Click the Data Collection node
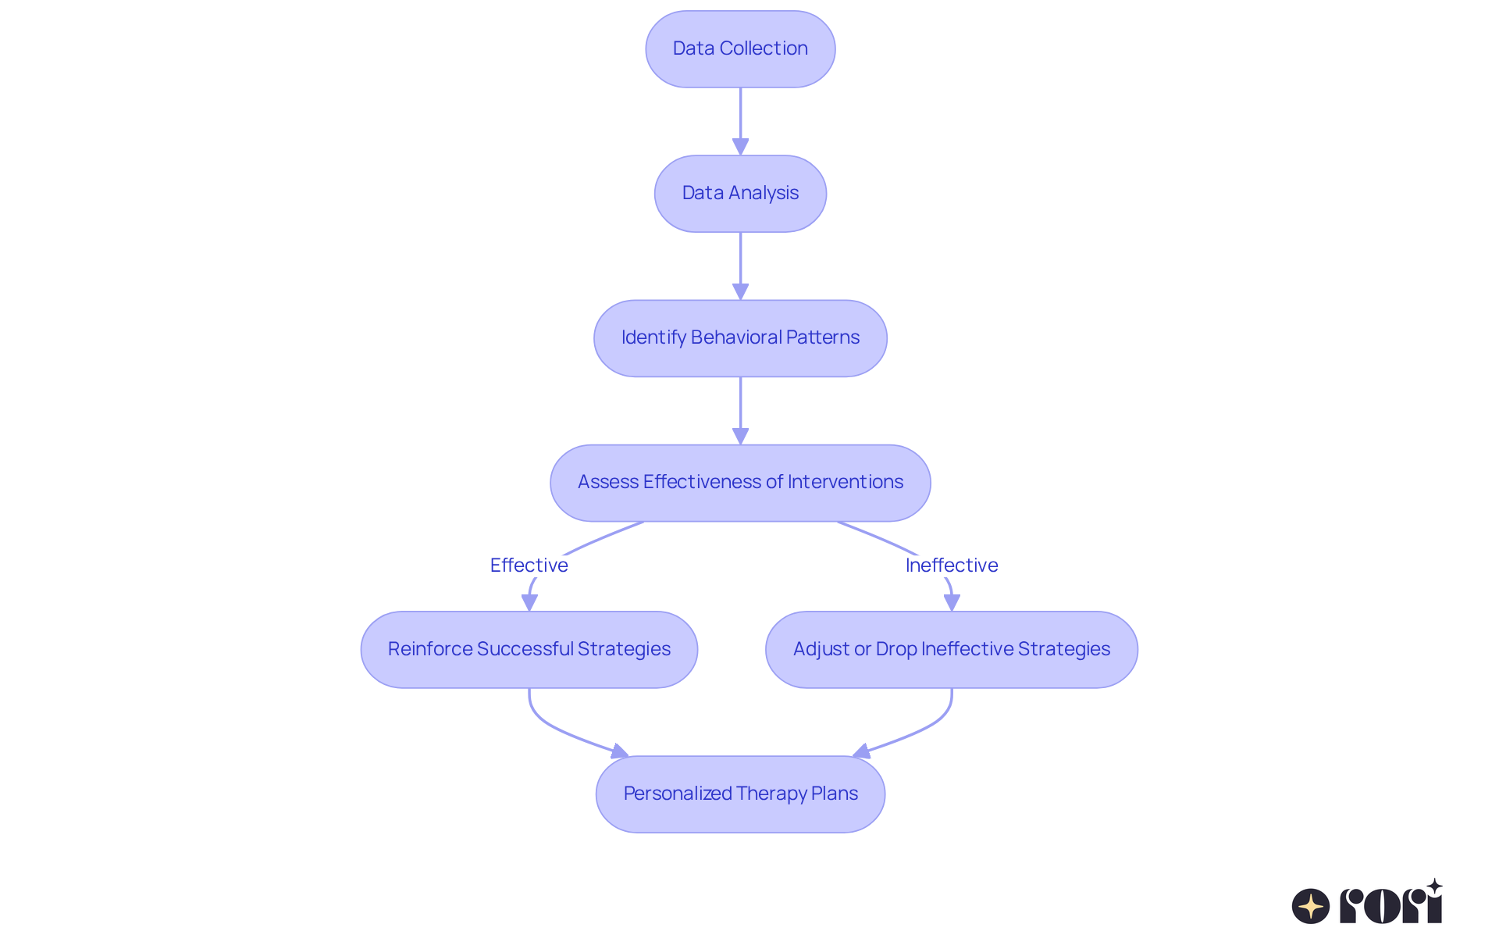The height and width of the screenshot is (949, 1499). pos(740,49)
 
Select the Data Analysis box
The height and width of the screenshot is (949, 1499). pos(740,194)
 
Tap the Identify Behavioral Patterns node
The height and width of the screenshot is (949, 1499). pos(740,338)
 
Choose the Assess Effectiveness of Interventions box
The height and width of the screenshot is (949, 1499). pos(740,483)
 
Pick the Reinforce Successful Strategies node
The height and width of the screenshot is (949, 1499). pos(529,649)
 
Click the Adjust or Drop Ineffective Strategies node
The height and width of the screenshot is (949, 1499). pos(951,649)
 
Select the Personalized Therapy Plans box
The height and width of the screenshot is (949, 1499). pos(740,794)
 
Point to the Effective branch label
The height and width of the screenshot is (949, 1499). pos(529,565)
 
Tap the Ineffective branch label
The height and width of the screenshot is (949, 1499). pos(951,565)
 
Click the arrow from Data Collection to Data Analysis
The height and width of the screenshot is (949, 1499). pos(740,117)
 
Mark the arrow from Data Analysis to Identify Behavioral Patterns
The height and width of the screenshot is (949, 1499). pos(740,262)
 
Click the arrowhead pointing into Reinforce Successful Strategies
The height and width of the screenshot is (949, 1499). pos(529,602)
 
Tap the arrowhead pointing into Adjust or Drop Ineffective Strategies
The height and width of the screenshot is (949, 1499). pos(952,602)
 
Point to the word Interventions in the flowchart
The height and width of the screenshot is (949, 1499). pos(845,482)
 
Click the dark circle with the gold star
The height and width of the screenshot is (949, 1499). pos(1310,906)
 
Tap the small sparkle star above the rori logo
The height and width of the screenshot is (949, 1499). pos(1434,887)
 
